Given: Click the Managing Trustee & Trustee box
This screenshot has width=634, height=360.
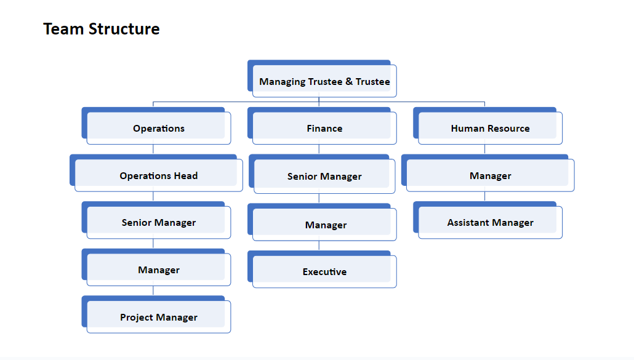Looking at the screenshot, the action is (x=323, y=79).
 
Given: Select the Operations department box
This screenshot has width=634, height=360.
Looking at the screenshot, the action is (x=156, y=126).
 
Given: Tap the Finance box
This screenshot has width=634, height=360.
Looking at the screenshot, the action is (x=323, y=126).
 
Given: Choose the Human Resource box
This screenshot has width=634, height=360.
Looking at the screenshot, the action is (x=488, y=126).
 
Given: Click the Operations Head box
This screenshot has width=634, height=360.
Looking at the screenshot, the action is (x=156, y=173).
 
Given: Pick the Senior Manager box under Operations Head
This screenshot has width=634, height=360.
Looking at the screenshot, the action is (x=156, y=220).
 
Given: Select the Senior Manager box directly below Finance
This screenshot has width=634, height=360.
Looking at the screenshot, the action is (x=323, y=174).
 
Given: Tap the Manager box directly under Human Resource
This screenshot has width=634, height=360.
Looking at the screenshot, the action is (x=488, y=173).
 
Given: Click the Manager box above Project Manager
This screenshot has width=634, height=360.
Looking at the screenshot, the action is (x=156, y=268).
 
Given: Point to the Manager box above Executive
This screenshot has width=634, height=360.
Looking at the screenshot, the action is (x=323, y=222).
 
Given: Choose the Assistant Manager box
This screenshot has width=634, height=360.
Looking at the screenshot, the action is (x=488, y=220).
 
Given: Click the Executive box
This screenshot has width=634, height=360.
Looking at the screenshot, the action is (x=323, y=270).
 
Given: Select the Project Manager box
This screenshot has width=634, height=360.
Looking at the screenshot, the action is (x=156, y=314).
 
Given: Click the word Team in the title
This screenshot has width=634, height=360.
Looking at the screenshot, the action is (x=63, y=29).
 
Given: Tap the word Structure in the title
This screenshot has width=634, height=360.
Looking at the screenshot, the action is (x=124, y=29).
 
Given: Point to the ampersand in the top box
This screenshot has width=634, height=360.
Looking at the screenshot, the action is (x=349, y=81).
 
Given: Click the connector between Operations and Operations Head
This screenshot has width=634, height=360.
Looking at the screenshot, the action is (x=153, y=149).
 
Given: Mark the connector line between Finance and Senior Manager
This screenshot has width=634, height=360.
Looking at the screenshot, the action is (x=319, y=149).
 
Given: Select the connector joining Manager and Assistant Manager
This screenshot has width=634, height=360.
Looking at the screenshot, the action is (x=485, y=196).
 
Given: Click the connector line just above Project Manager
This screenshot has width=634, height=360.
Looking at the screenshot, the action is (x=153, y=291).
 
